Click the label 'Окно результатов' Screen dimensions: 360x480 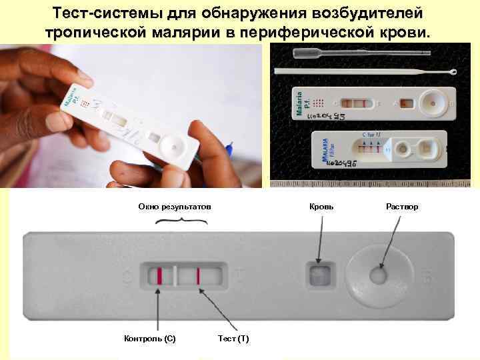pyautogui.click(x=174, y=207)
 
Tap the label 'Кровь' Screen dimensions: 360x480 pyautogui.click(x=322, y=207)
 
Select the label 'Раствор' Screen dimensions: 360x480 pyautogui.click(x=402, y=207)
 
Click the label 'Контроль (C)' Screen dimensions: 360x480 pyautogui.click(x=150, y=339)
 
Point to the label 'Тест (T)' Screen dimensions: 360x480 pyautogui.click(x=233, y=339)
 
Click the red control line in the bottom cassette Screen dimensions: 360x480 pyautogui.click(x=159, y=275)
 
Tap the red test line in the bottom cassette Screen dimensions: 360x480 pyautogui.click(x=198, y=275)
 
